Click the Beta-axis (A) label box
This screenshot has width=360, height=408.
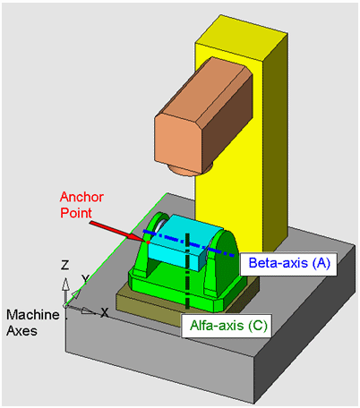pyautogui.click(x=288, y=264)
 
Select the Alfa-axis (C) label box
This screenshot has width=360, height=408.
pyautogui.click(x=227, y=326)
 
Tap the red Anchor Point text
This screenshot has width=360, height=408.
pyautogui.click(x=81, y=205)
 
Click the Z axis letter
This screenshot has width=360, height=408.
pyautogui.click(x=64, y=265)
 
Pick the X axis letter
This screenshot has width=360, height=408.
pyautogui.click(x=104, y=312)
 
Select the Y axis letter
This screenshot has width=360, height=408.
pyautogui.click(x=86, y=279)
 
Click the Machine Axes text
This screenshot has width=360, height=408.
pyautogui.click(x=33, y=323)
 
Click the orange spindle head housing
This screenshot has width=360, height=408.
pyautogui.click(x=203, y=115)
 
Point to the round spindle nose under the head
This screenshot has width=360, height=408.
pyautogui.click(x=190, y=169)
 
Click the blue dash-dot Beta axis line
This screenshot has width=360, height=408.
pyautogui.click(x=188, y=243)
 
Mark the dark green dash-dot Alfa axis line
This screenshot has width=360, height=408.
pyautogui.click(x=187, y=271)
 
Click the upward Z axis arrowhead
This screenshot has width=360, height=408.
pyautogui.click(x=65, y=285)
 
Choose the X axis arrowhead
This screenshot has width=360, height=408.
pyautogui.click(x=89, y=311)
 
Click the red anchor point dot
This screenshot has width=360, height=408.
pyautogui.click(x=148, y=242)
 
